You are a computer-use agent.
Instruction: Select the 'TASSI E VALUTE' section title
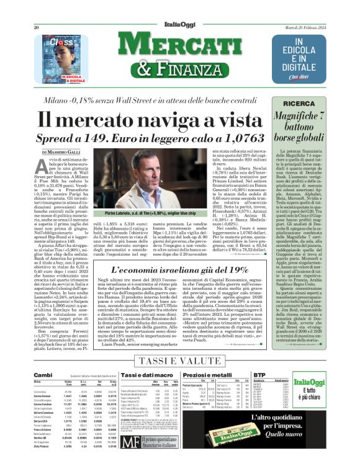pyautogui.click(x=179, y=361)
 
